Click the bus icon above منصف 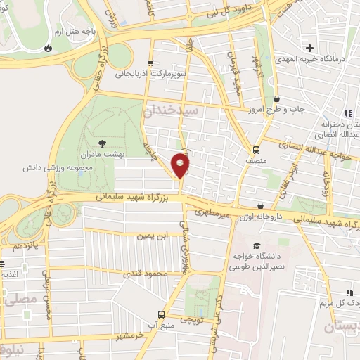[x=257, y=149]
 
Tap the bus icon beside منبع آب [x=162, y=314]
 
